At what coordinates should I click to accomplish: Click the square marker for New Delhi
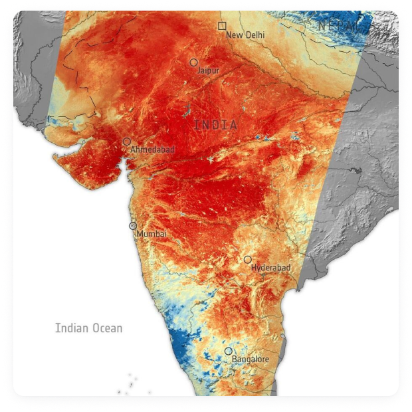pos(222,26)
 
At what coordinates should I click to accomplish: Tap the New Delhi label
pos(245,35)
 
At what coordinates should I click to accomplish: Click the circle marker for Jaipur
pos(193,62)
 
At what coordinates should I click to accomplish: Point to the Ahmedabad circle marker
pos(126,142)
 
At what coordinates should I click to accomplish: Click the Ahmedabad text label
pos(152,150)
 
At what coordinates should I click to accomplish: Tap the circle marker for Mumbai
pos(133,226)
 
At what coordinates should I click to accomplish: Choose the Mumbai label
pos(151,235)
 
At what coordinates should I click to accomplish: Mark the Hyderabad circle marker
pos(247,260)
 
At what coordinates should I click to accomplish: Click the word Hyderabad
pos(271,268)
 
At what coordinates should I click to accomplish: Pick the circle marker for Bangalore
pos(229,351)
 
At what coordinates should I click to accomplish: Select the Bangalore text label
pos(251,360)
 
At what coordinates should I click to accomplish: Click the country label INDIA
pos(215,124)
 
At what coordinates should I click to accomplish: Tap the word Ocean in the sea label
pos(107,328)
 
